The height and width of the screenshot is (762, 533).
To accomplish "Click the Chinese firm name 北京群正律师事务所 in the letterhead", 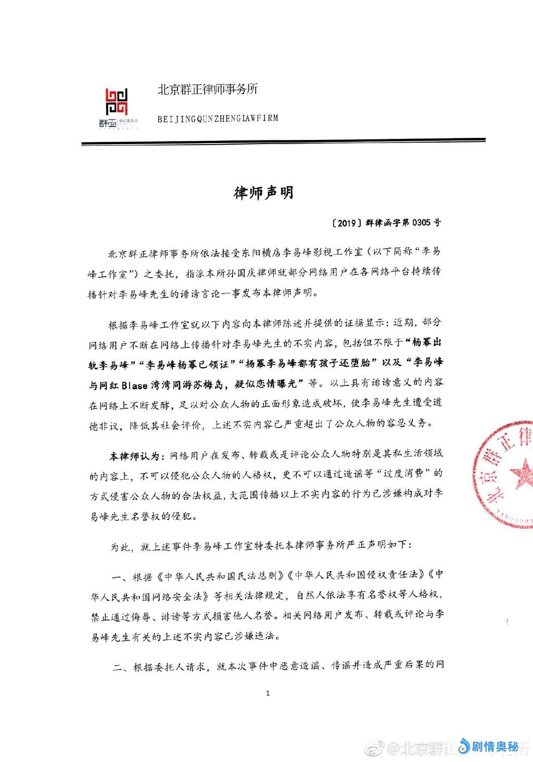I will [208, 89].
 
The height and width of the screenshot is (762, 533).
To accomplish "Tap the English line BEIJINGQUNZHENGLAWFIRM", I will [218, 119].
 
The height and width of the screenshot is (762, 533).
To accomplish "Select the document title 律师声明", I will [263, 192].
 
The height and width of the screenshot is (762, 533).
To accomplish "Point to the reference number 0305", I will [422, 223].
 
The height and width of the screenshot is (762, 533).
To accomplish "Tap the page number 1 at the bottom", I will [268, 693].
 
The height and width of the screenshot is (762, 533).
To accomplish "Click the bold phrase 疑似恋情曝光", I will [273, 385].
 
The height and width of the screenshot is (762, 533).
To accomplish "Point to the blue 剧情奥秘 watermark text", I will [494, 747].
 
